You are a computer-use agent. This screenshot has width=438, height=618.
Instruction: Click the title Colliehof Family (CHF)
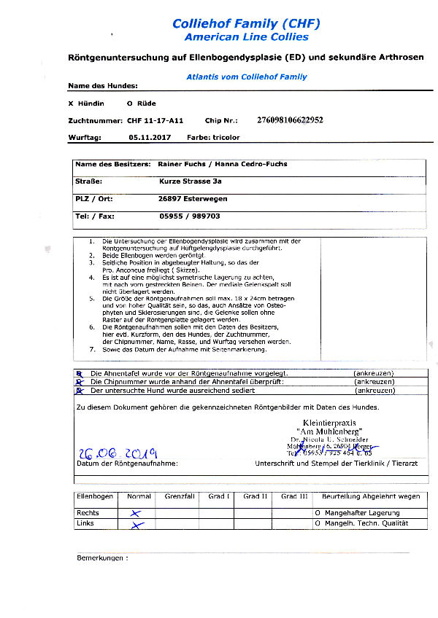[246, 23]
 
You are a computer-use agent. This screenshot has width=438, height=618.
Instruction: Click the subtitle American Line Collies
[246, 36]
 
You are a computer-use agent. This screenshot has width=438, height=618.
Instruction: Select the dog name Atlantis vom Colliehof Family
[246, 77]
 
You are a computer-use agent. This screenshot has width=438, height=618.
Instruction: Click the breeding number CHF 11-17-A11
[155, 120]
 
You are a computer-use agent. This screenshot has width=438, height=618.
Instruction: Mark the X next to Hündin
[70, 103]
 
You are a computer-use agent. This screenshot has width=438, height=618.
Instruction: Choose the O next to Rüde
[129, 103]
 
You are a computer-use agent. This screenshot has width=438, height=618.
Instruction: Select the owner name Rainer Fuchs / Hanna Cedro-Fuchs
[223, 164]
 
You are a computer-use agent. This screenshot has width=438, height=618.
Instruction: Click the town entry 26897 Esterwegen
[193, 198]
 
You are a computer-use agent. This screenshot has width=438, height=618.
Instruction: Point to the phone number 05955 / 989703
[190, 216]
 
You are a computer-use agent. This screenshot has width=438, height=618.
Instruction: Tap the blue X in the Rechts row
[135, 513]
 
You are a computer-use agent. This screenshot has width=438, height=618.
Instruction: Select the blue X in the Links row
[135, 525]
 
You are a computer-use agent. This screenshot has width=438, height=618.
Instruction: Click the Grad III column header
[293, 496]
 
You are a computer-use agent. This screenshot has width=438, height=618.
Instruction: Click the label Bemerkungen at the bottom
[101, 558]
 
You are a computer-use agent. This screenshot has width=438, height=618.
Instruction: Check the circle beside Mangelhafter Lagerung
[318, 513]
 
